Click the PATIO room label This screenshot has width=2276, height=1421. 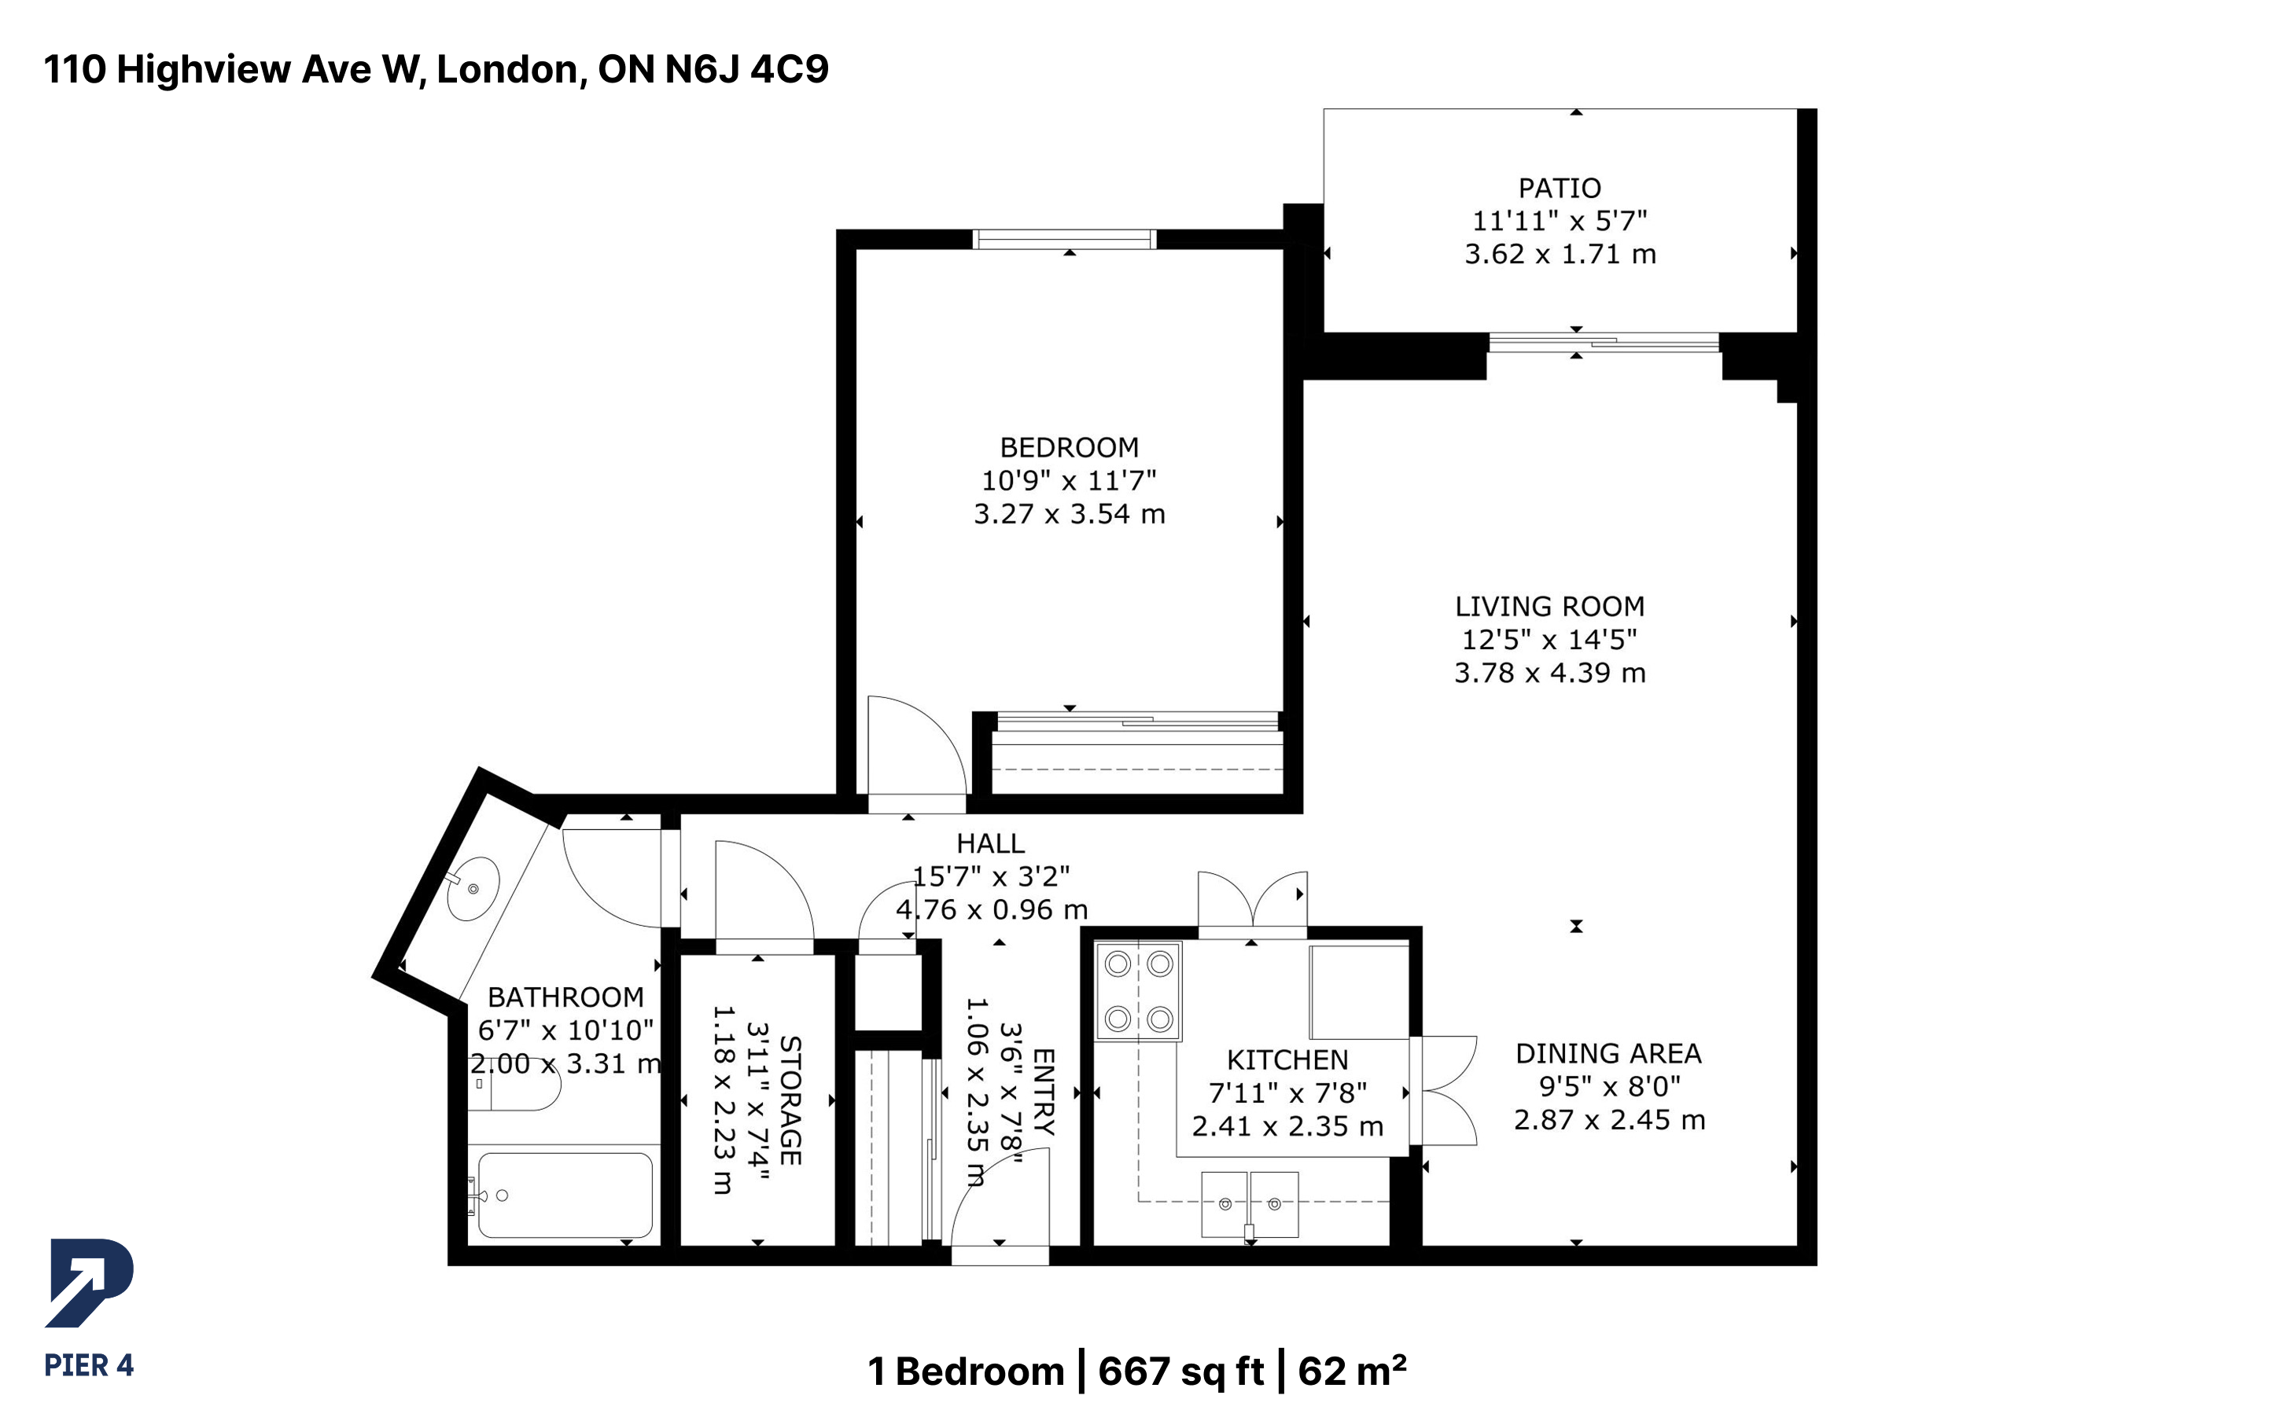coord(1559,188)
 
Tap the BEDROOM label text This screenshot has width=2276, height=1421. coord(1069,447)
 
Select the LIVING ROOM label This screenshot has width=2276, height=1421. coord(1549,606)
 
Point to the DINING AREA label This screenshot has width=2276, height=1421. coord(1608,1053)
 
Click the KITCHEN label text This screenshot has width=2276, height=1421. coord(1287,1060)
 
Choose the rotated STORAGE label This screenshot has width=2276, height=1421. coord(790,1100)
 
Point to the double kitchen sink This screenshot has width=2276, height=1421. coord(1250,1204)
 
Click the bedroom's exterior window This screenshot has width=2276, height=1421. coord(1064,240)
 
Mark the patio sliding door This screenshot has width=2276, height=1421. coord(1604,342)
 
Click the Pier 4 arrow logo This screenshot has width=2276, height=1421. coord(90,1283)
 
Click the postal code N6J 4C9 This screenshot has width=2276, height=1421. coord(747,69)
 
